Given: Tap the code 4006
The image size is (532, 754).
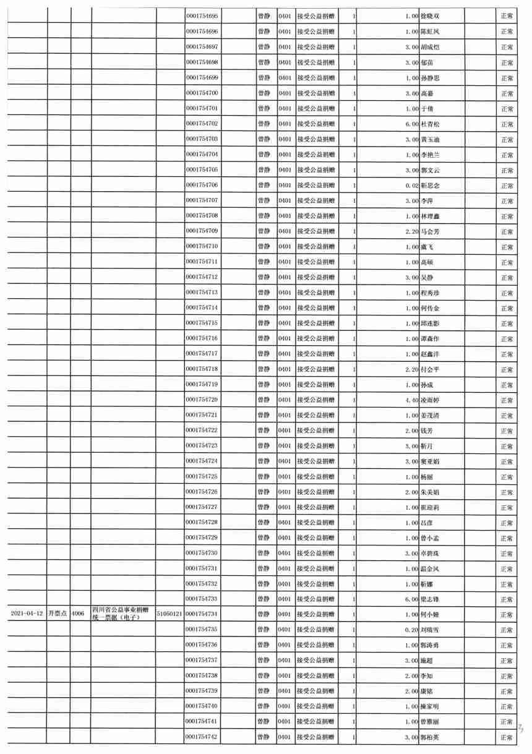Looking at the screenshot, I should (78, 614).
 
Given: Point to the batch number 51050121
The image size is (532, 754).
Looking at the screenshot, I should (169, 614).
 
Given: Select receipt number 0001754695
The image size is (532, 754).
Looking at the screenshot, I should (202, 16).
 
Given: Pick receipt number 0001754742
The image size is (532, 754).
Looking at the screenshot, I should (202, 737).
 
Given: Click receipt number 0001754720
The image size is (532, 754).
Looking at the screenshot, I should (202, 400).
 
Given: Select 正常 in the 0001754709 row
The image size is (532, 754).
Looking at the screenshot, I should (507, 231).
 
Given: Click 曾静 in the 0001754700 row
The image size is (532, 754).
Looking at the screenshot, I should (264, 93).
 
